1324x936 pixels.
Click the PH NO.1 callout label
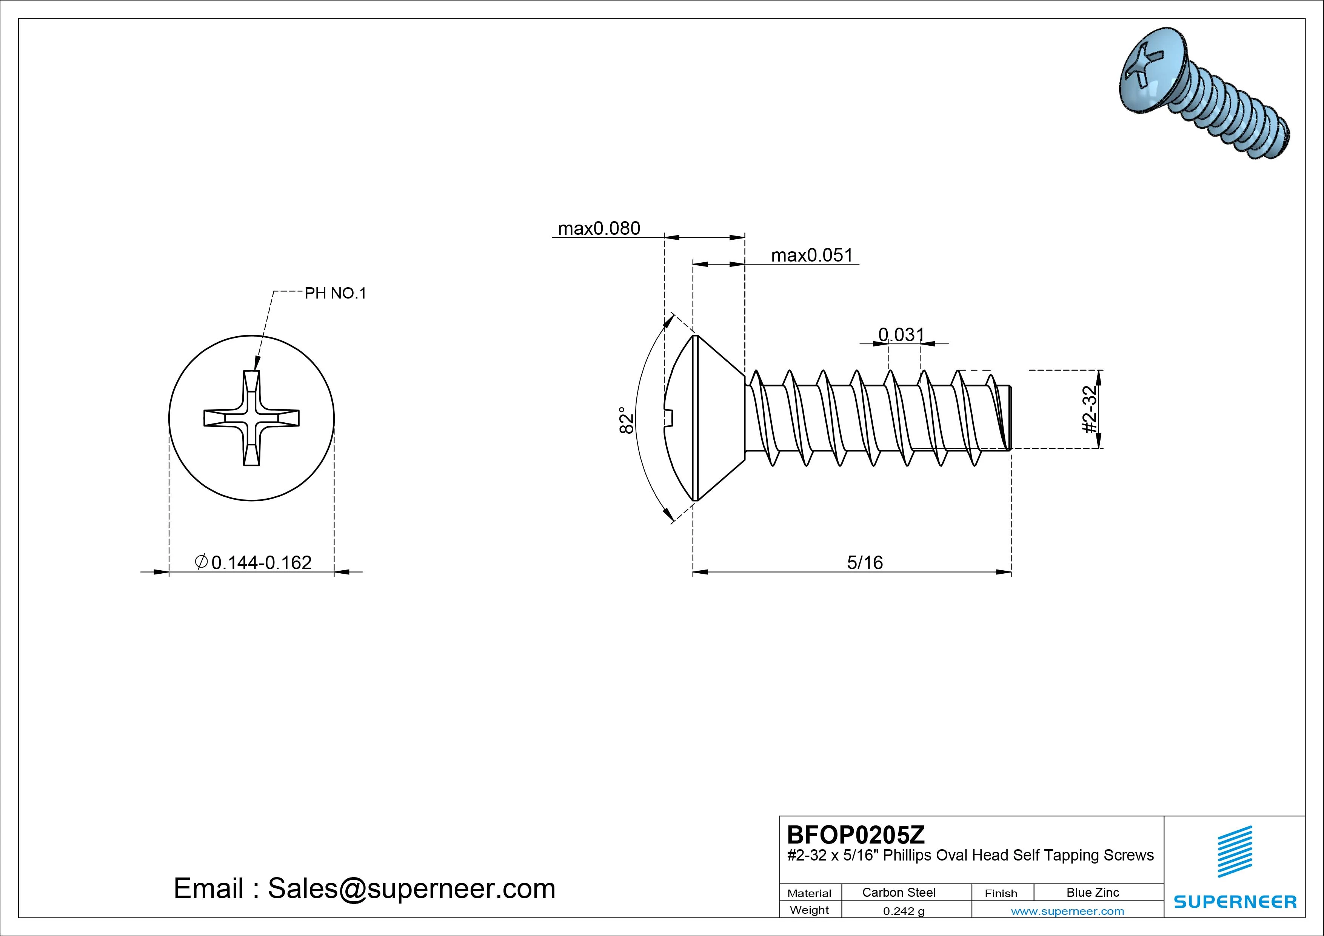(335, 294)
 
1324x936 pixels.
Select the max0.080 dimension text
(599, 229)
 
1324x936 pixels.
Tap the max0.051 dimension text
(811, 256)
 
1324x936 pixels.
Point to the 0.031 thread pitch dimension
(901, 334)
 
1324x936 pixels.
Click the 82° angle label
(627, 420)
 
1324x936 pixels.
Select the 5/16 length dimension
(864, 562)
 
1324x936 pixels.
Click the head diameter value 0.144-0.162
(261, 562)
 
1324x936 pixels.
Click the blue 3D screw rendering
(1202, 92)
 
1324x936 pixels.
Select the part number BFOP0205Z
(855, 834)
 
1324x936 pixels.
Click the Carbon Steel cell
(898, 892)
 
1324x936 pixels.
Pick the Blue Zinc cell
(1092, 892)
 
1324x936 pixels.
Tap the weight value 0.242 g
(903, 911)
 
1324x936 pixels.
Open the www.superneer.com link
(1067, 911)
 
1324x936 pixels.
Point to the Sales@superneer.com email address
(411, 889)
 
